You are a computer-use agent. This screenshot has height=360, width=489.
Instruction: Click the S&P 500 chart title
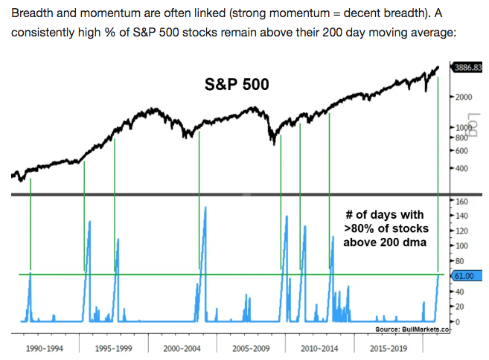pyautogui.click(x=237, y=84)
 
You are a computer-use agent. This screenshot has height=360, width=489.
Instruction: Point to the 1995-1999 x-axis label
pyautogui.click(x=113, y=347)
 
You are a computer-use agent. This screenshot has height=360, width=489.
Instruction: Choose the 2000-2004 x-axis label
pyautogui.click(x=182, y=347)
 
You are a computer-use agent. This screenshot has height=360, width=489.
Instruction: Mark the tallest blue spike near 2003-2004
pyautogui.click(x=205, y=208)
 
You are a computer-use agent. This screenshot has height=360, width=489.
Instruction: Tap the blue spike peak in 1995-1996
pyautogui.click(x=91, y=222)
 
